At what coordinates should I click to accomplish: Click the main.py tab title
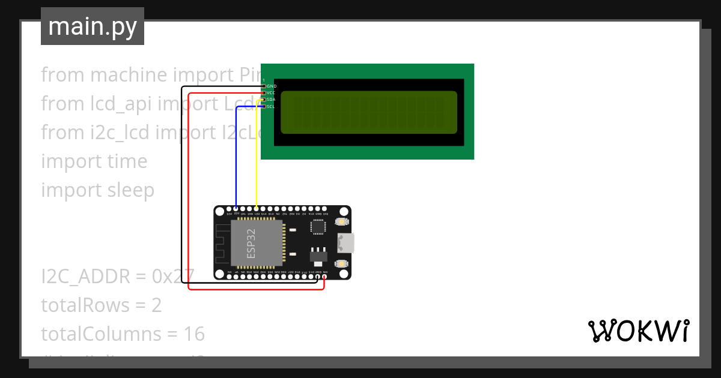pos(93,26)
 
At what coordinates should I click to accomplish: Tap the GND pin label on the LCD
pos(272,86)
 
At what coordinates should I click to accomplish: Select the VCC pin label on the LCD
pos(272,93)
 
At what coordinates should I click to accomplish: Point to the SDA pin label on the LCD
pos(271,100)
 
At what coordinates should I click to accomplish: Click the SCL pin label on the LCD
pos(271,107)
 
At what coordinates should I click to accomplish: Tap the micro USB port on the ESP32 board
pos(346,243)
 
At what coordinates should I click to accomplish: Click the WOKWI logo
pos(639,331)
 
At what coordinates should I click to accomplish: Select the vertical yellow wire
pos(257,156)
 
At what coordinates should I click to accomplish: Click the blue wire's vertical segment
pos(236,156)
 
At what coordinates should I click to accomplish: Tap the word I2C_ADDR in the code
pos(85,277)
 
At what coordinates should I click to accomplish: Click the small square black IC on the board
pos(318,227)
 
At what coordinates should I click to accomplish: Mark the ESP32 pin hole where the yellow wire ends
pos(257,209)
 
